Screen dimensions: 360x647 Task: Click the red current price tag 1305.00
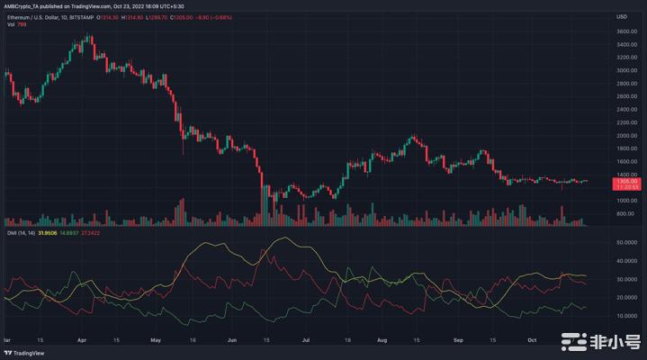(626, 181)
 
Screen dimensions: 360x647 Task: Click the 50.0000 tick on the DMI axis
(627, 243)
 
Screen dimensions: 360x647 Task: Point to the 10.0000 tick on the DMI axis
(627, 316)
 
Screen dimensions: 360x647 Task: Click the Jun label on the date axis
(233, 339)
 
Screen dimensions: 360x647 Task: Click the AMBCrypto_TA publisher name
(24, 4)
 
